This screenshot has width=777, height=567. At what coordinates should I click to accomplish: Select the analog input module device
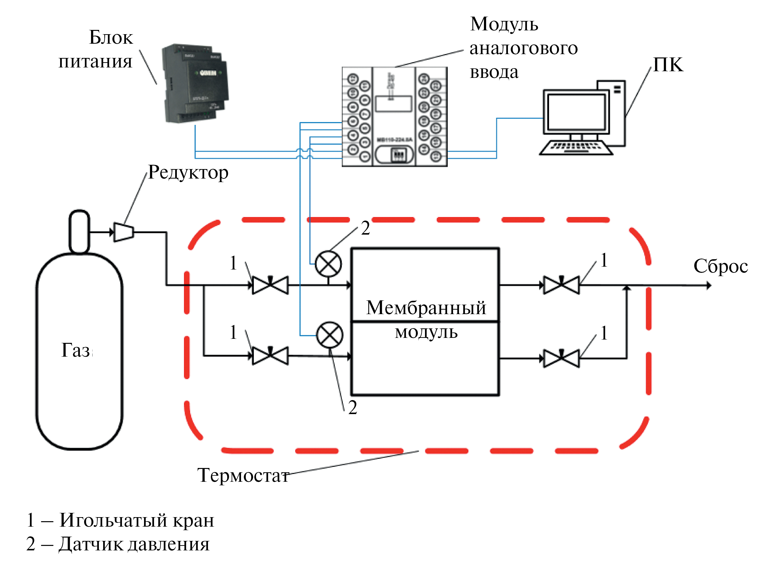(394, 117)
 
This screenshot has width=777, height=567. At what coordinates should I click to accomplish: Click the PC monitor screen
(576, 112)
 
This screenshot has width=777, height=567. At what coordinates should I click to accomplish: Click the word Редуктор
(188, 172)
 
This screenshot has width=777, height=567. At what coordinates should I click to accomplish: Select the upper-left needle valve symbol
(270, 285)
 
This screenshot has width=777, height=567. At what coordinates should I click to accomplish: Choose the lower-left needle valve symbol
(270, 356)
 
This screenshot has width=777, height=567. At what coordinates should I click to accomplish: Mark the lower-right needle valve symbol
(561, 358)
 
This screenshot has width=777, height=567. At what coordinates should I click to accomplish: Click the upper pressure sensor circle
(328, 264)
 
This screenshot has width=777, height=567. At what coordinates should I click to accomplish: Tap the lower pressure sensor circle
(329, 335)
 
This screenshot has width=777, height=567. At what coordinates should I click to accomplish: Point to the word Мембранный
(426, 307)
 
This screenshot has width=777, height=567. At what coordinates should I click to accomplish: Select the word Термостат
(243, 475)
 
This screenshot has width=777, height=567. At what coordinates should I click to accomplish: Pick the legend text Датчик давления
(134, 544)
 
